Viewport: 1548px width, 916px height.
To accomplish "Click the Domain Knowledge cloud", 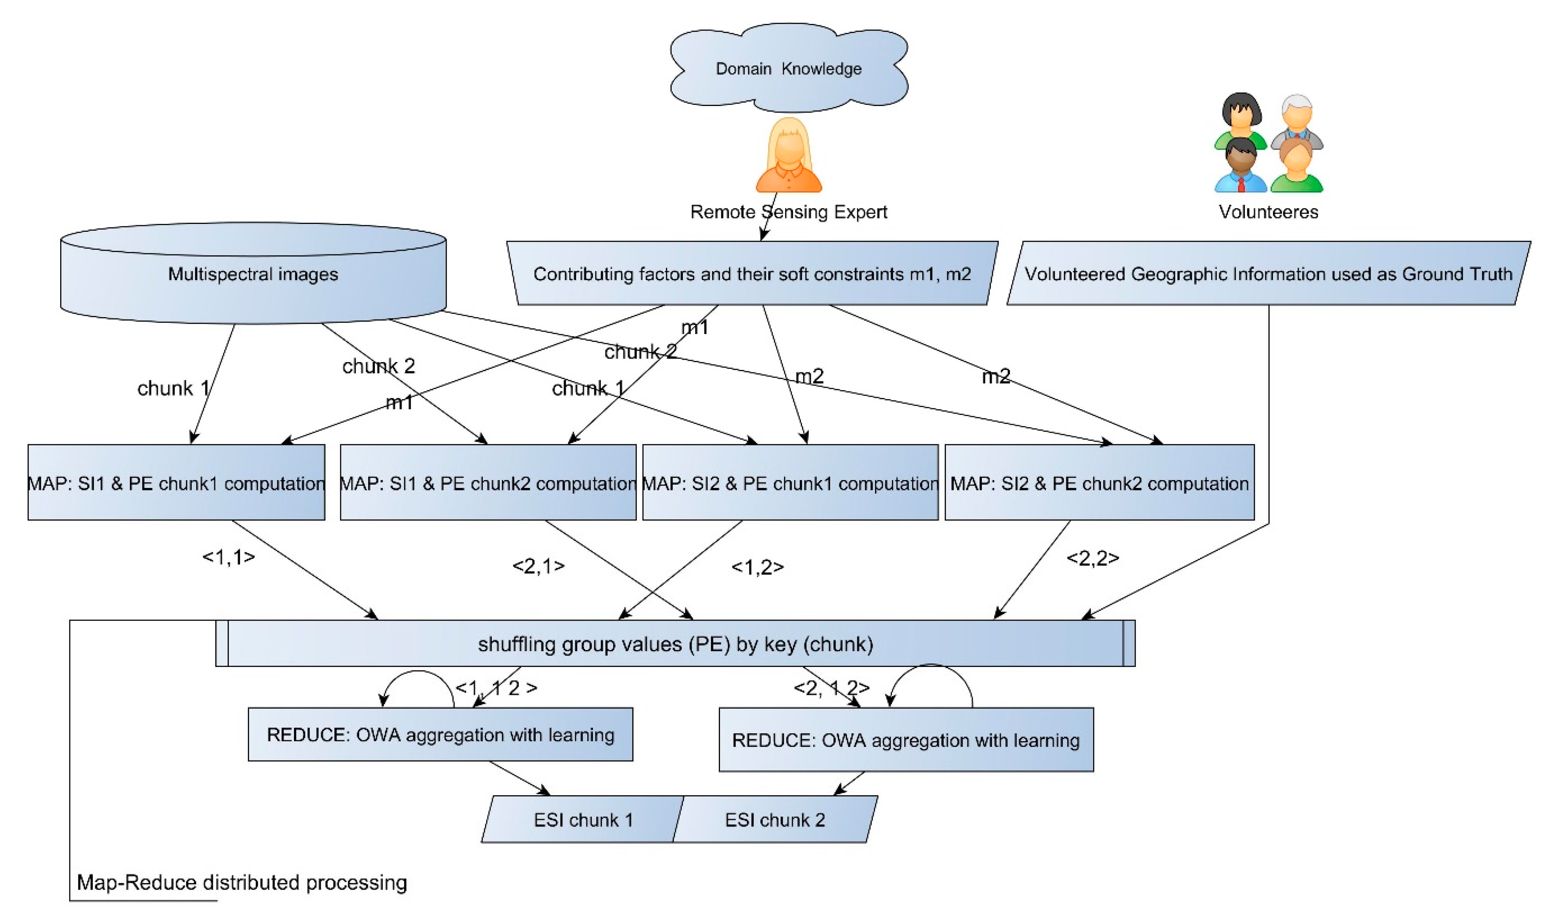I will (x=788, y=68).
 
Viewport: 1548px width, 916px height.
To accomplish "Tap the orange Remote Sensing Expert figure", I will (x=788, y=158).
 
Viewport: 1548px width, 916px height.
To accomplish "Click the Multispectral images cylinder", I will (x=253, y=275).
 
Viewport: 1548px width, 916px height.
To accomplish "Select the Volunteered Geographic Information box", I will (x=1268, y=273).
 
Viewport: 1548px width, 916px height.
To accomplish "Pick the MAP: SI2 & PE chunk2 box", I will (x=1099, y=483).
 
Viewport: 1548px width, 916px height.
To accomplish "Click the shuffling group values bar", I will (x=675, y=644).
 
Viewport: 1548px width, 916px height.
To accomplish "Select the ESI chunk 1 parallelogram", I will (x=582, y=820).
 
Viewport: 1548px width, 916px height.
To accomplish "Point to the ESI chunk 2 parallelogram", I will (x=774, y=820).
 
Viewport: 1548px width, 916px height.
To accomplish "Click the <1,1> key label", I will (x=228, y=557).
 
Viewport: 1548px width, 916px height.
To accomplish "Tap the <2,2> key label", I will (x=1092, y=558).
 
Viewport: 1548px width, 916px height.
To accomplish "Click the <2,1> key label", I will (x=538, y=566).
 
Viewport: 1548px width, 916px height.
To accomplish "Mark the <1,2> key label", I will (x=757, y=567).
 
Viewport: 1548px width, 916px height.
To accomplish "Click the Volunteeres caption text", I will (x=1268, y=212).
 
